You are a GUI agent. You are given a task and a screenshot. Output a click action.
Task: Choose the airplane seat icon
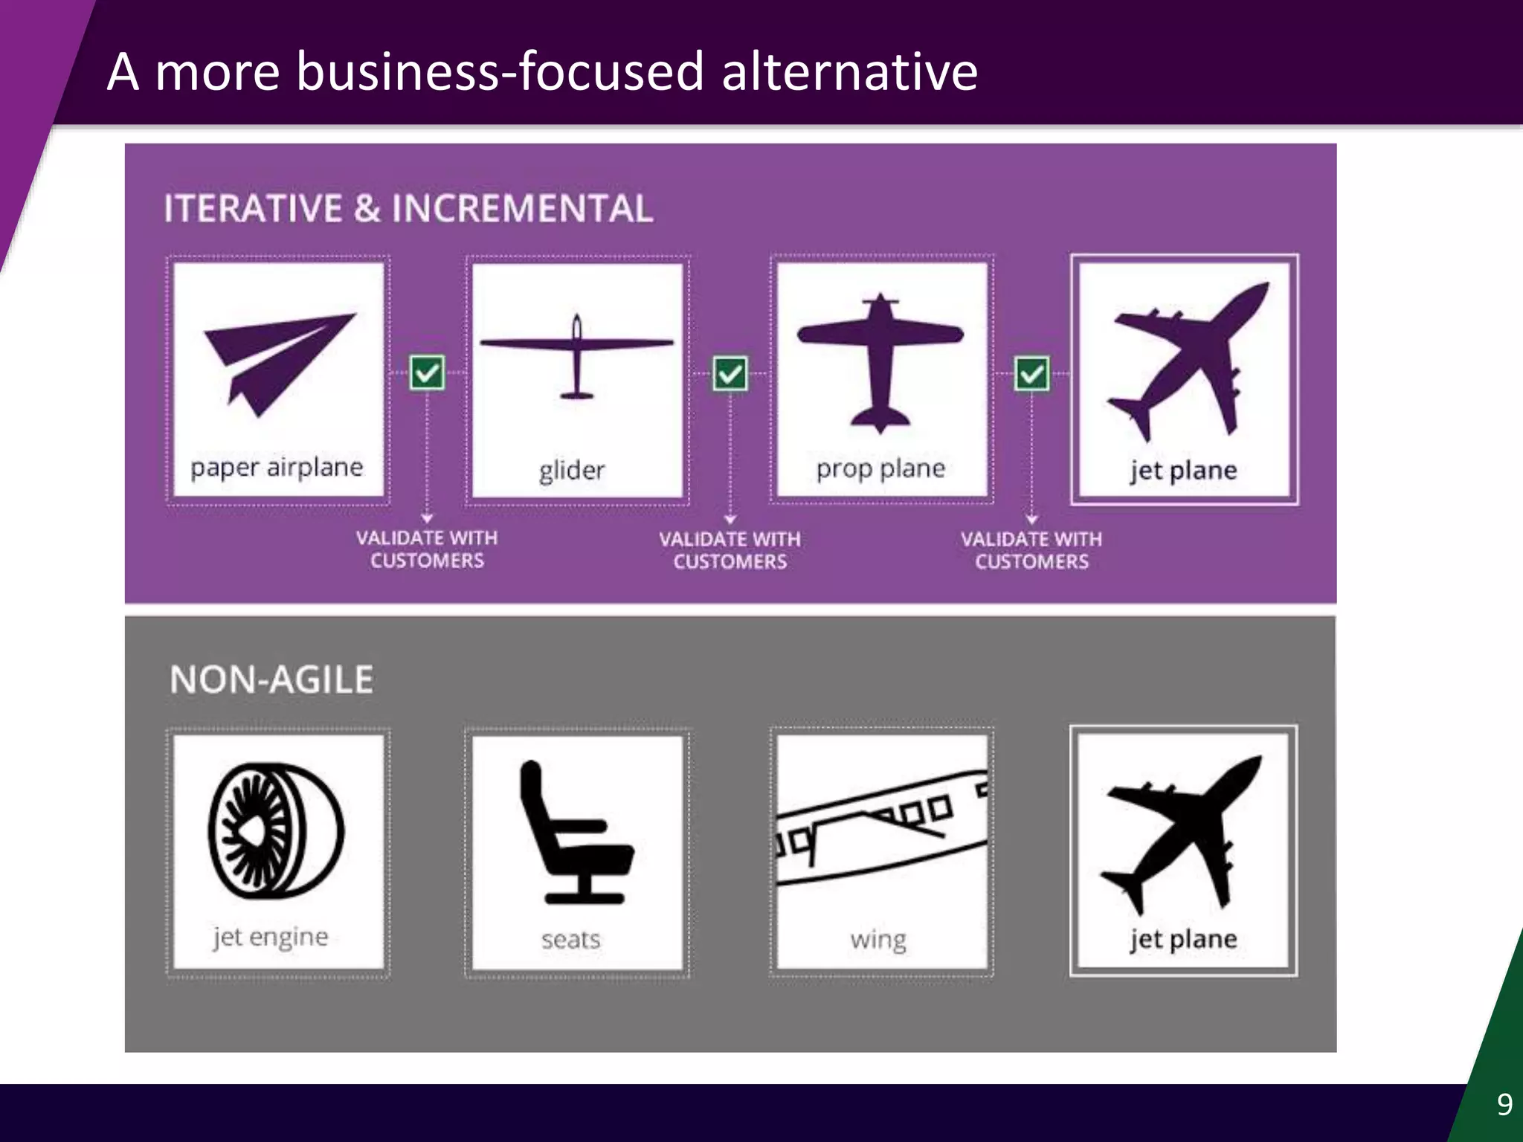point(573,833)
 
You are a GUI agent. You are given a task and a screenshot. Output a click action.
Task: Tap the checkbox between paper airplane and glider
point(428,372)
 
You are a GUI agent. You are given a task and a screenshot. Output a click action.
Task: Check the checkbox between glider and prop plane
point(730,373)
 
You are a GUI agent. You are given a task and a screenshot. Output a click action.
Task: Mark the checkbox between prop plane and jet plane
point(1032,373)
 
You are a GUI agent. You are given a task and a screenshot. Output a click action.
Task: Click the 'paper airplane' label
point(277,468)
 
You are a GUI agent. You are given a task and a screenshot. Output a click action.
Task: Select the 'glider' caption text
point(572,471)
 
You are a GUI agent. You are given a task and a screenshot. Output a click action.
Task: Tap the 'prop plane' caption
point(880,469)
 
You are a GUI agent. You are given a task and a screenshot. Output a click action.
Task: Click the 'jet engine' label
point(271,937)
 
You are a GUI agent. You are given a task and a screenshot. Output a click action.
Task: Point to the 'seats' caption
point(570,940)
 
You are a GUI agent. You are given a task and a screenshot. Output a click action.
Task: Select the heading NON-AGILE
point(272,680)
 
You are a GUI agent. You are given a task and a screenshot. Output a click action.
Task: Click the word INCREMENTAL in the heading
point(522,208)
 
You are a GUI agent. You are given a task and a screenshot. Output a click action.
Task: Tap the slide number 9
point(1504,1104)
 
